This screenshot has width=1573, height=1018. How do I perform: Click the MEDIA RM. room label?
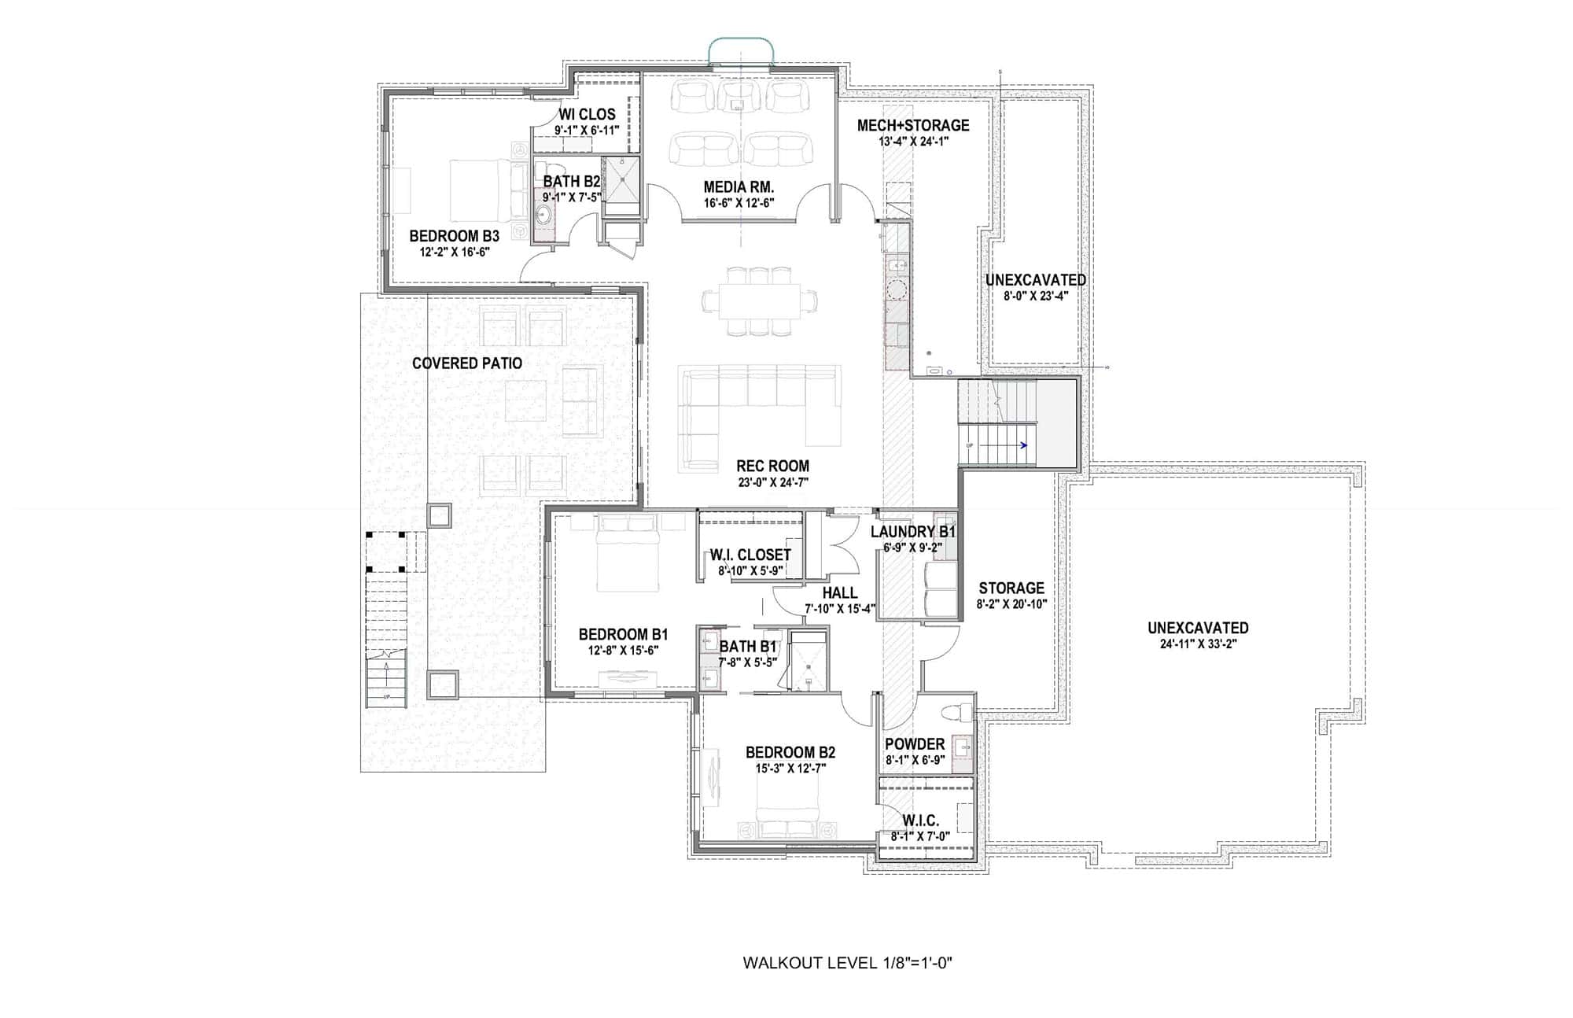point(739,187)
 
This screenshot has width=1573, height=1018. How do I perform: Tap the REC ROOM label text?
point(772,466)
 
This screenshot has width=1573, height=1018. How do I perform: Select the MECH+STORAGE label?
point(913,125)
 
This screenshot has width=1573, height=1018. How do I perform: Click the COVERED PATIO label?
point(467,363)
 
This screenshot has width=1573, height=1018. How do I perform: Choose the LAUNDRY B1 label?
point(913,533)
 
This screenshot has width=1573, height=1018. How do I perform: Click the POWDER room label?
point(915,744)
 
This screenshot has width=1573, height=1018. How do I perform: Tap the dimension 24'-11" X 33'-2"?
point(1198,644)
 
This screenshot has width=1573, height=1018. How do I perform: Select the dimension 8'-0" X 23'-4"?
point(1036,296)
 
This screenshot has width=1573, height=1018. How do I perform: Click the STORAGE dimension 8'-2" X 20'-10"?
point(1011,604)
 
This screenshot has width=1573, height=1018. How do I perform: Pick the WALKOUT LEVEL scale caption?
point(848,963)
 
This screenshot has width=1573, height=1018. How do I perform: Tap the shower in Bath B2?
point(621,186)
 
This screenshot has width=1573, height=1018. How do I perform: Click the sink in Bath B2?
point(543,213)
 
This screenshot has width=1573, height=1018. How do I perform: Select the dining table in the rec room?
point(760,301)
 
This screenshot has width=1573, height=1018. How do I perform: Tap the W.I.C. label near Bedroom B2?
point(920,821)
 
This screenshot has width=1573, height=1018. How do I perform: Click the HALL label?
point(840,593)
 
